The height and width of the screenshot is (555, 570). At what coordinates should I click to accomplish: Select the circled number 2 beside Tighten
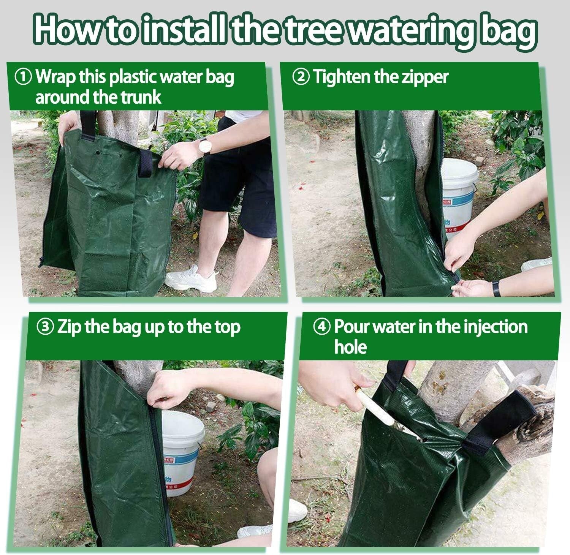301,77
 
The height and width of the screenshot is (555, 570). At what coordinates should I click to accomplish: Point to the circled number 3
45,327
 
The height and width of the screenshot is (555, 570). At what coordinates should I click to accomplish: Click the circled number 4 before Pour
322,327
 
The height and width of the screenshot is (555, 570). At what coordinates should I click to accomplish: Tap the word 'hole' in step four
350,347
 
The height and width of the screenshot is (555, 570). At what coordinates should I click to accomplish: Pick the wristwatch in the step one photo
204,146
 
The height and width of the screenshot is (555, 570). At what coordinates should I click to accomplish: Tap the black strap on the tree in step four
502,422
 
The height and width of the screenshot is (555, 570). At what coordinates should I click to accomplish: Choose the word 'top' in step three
227,327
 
